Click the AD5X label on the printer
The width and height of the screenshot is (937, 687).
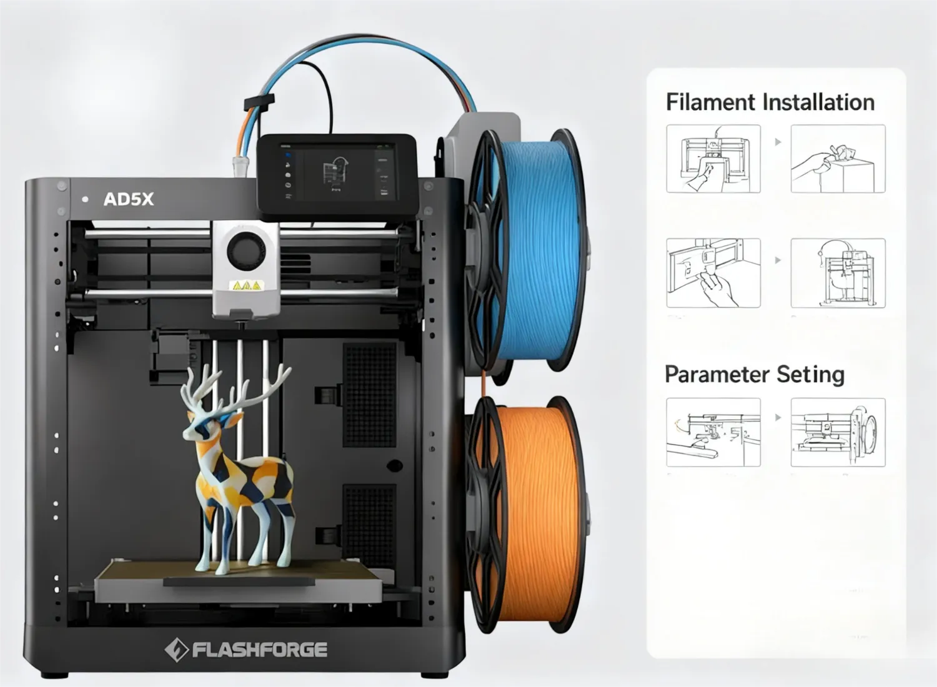click(x=128, y=199)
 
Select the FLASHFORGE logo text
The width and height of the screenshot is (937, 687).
click(x=259, y=650)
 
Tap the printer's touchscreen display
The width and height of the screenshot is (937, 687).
click(x=337, y=172)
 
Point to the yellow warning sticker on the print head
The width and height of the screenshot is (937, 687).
click(x=247, y=285)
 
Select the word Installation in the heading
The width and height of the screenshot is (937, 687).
click(x=818, y=102)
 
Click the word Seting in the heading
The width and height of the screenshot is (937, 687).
click(x=811, y=375)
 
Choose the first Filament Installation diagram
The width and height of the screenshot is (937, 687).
click(x=713, y=159)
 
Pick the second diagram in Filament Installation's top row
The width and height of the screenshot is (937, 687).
click(x=838, y=159)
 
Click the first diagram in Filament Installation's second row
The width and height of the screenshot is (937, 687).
click(x=713, y=273)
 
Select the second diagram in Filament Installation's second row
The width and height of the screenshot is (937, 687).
click(x=838, y=273)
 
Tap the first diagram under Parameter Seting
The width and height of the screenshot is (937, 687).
click(x=713, y=432)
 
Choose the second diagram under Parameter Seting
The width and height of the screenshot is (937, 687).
click(x=838, y=432)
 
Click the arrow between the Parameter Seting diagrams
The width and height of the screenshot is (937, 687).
click(x=778, y=417)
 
